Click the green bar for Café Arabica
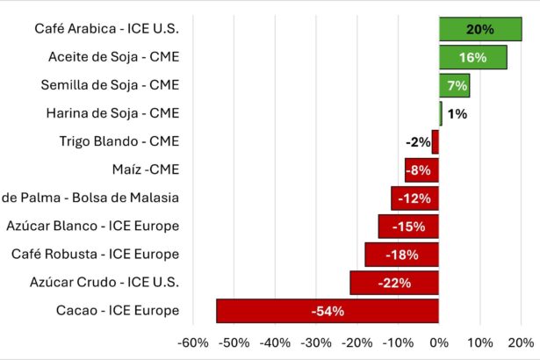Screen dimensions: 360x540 (x=480, y=29)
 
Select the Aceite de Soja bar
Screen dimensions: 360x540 (x=472, y=57)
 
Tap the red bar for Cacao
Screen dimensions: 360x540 (x=328, y=311)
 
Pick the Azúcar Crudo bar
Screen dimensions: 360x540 (x=394, y=283)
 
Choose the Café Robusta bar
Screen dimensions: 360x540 (x=402, y=255)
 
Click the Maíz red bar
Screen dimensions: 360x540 (x=421, y=169)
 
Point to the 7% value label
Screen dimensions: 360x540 (x=455, y=85)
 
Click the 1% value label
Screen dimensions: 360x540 (x=457, y=113)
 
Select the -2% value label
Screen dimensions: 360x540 (x=418, y=141)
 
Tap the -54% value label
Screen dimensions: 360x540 (x=328, y=311)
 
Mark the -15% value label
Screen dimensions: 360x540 (x=409, y=227)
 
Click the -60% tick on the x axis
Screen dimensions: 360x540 (x=193, y=342)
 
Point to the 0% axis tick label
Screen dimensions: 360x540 (x=439, y=342)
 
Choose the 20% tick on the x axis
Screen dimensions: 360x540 (x=521, y=342)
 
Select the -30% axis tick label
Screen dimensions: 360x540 (x=316, y=342)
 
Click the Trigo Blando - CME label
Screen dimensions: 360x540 (x=119, y=141)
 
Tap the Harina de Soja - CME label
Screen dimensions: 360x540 (x=112, y=113)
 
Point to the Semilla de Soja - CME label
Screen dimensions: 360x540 (x=110, y=85)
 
